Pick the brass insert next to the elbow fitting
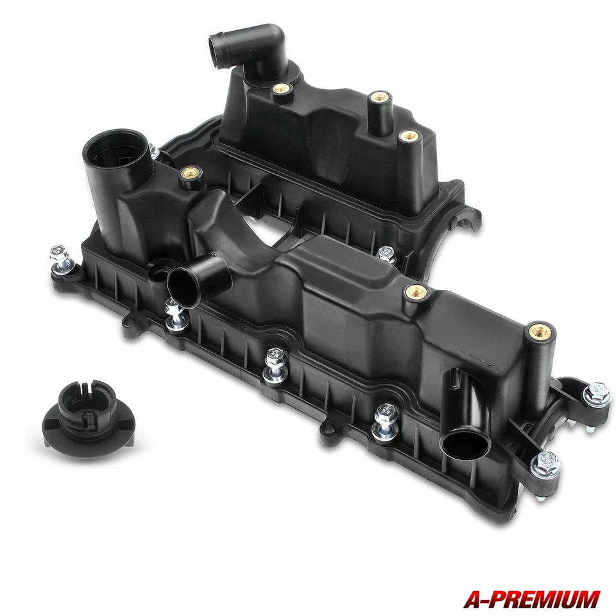tap(280, 89)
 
